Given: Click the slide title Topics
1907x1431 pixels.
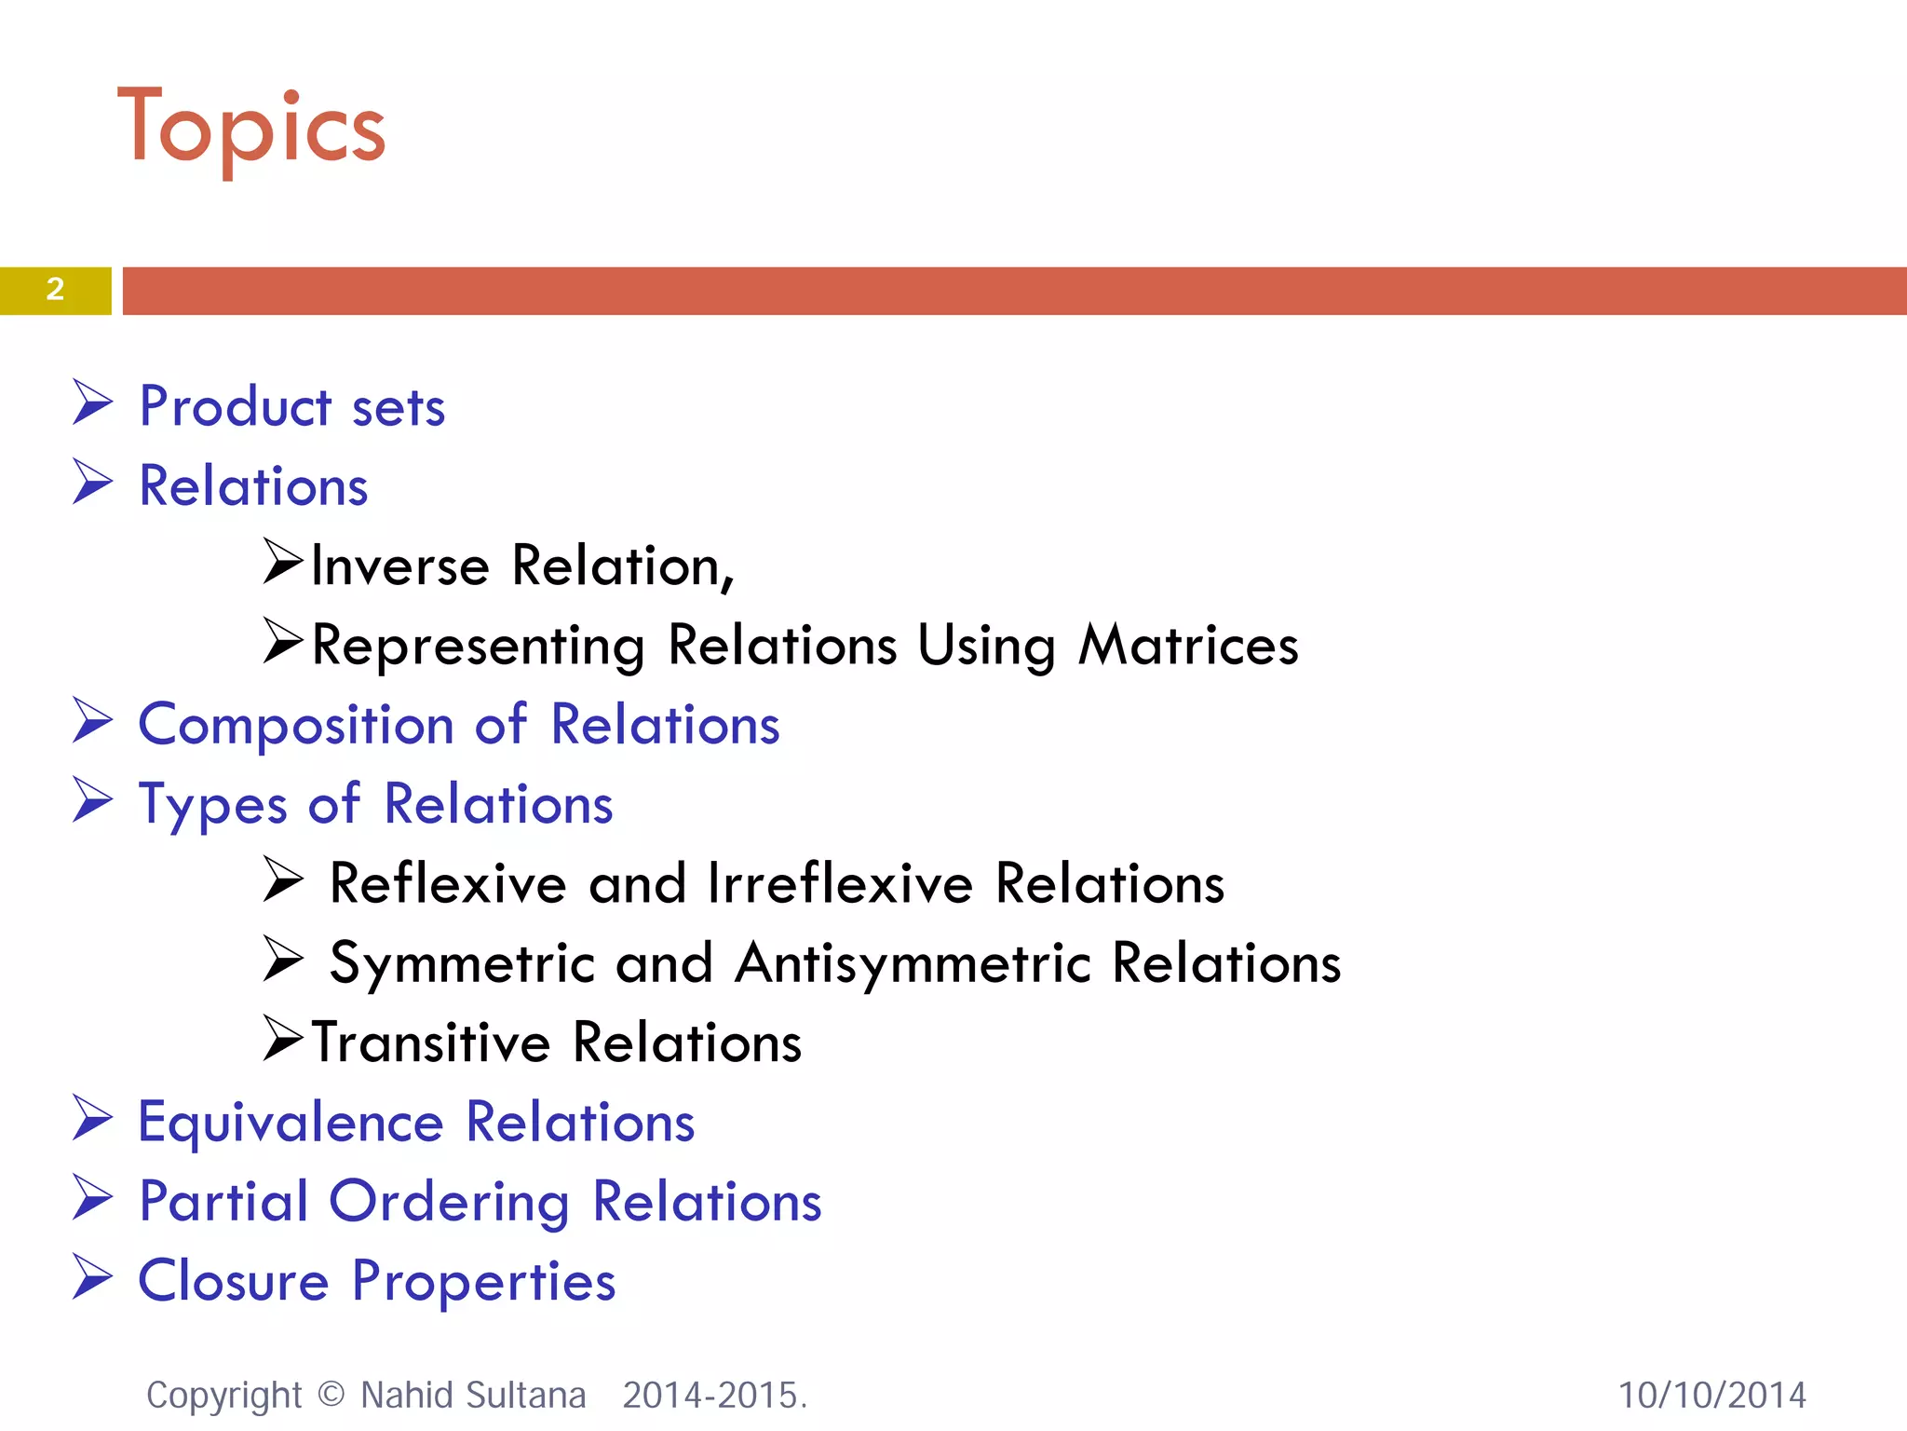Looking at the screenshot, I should pos(251,128).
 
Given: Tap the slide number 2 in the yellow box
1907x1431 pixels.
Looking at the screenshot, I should pos(55,290).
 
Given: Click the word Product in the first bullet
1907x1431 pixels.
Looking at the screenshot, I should pos(235,407).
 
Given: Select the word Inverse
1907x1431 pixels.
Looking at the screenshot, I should pos(400,566).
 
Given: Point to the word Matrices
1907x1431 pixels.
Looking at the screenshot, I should pos(1188,645).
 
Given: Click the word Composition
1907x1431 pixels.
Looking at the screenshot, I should pos(296,726).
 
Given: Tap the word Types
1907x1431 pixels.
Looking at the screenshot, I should pos(212,805).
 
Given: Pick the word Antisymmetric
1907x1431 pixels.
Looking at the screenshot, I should pos(913,963).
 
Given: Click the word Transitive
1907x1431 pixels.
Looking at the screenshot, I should pos(431,1043).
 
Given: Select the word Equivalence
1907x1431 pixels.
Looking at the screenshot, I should pos(291,1123).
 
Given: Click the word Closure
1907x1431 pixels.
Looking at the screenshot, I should pos(234,1281).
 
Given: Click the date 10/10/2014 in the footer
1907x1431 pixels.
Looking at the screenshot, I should pos(1711,1396).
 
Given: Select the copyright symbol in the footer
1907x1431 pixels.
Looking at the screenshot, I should pos(331,1395).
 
